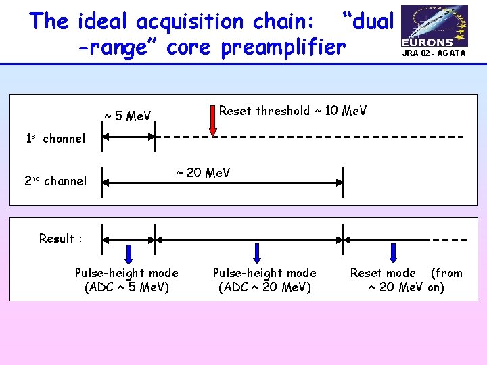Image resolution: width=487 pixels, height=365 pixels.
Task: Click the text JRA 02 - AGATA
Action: pos(434,53)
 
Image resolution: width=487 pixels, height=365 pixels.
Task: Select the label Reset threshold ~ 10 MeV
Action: pos(293,111)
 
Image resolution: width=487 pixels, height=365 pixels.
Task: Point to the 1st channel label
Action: pos(55,139)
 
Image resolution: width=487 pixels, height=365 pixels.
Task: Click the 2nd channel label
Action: pos(55,180)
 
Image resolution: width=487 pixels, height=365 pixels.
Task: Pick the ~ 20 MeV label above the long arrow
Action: pos(203,173)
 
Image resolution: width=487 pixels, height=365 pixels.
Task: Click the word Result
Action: pos(57,239)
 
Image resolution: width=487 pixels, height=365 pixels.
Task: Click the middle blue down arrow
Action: pos(257,253)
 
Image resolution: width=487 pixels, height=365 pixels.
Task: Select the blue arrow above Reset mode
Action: pos(393,253)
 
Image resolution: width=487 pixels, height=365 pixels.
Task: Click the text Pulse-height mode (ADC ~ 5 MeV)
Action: pos(126,280)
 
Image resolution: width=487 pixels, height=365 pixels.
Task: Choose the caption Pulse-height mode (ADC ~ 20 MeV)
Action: pos(264,280)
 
